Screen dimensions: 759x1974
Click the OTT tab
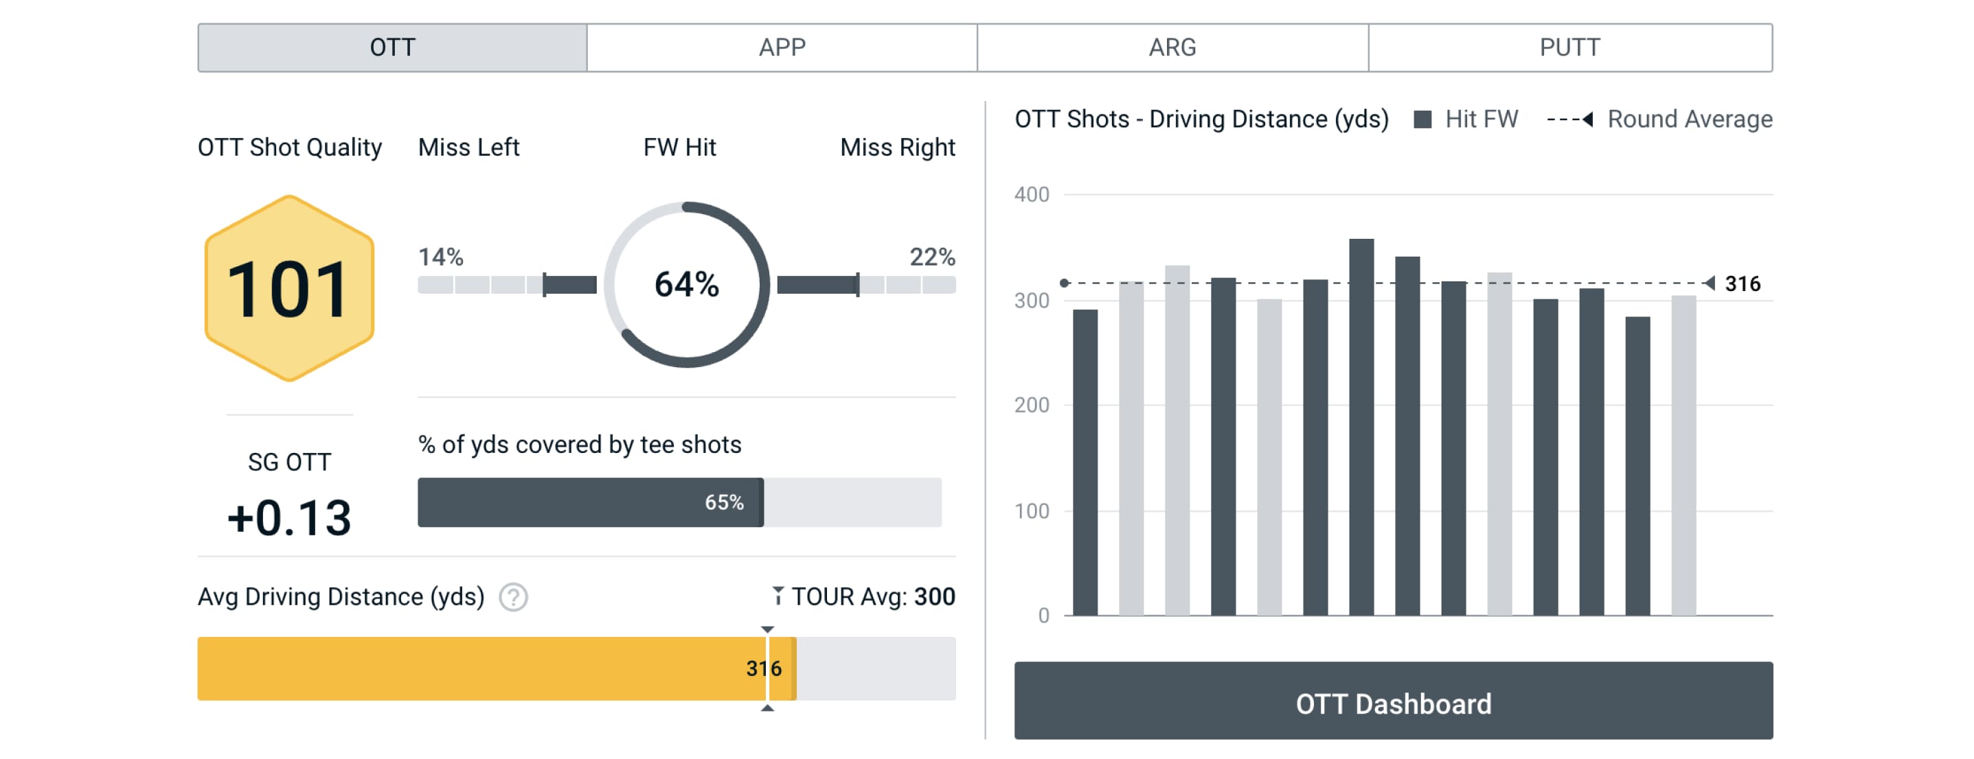[x=392, y=47]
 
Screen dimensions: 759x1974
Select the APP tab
[x=782, y=47]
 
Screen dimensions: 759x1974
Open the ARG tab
[x=1172, y=47]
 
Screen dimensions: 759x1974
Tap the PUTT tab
[x=1569, y=47]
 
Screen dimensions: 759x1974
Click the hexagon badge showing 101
[x=289, y=289]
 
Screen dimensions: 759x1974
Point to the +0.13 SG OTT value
[x=289, y=517]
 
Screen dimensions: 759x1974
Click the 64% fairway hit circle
[x=687, y=284]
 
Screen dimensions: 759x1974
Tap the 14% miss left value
[x=441, y=257]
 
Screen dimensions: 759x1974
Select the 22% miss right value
[x=932, y=257]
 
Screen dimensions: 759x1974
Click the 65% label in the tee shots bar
[x=724, y=502]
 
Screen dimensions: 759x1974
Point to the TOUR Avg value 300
[x=934, y=596]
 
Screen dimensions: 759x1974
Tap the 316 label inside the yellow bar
[x=763, y=668]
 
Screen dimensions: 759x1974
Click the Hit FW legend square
[x=1423, y=119]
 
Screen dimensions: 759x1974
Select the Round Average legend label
[x=1689, y=119]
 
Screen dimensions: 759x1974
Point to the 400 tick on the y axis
[x=1032, y=194]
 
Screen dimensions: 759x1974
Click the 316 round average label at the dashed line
[x=1742, y=284]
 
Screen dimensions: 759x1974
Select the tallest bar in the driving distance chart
[x=1361, y=427]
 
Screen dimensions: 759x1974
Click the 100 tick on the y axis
[x=1032, y=511]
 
